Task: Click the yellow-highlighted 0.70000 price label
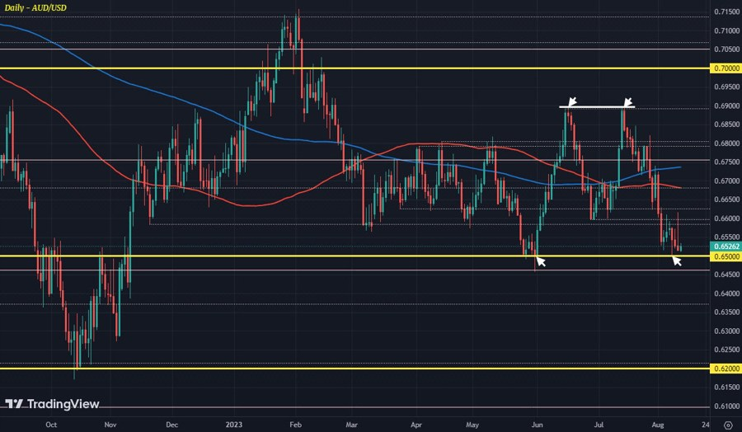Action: (723, 68)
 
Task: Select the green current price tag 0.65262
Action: (723, 246)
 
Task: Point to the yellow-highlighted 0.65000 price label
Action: (723, 256)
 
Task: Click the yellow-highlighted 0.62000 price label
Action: (723, 369)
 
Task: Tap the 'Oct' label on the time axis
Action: (50, 425)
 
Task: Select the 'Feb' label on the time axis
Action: (294, 425)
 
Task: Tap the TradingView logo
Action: (52, 404)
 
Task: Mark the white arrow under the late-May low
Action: (540, 262)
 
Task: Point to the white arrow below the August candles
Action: (677, 261)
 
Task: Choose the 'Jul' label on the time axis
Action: (599, 425)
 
